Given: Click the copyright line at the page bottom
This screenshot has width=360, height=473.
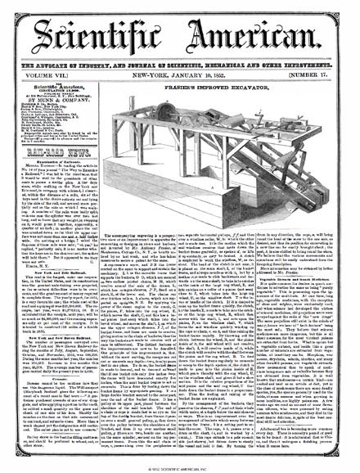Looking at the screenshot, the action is tap(179, 467).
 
